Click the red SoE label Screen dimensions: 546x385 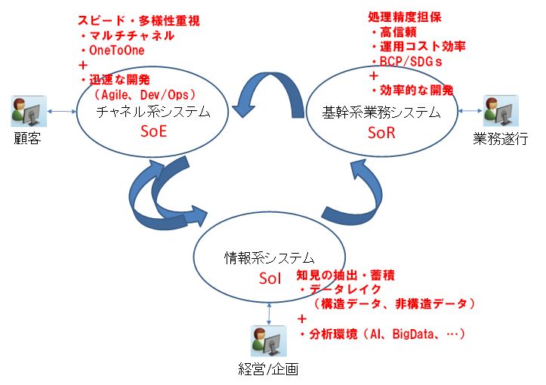point(153,131)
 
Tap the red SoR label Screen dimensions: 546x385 point(381,133)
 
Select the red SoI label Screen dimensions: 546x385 point(270,278)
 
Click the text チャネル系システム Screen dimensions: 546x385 point(153,112)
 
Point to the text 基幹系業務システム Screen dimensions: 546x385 point(381,112)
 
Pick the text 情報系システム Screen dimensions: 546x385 point(269,258)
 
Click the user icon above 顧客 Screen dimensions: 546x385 point(29,111)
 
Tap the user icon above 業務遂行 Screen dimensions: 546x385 point(501,111)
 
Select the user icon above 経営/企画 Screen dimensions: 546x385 point(269,341)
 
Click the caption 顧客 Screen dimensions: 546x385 point(27,138)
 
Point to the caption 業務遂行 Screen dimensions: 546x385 point(501,139)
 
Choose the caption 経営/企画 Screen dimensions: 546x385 point(269,369)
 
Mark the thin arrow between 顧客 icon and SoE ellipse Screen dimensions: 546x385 point(62,112)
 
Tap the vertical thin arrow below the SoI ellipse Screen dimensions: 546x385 point(269,314)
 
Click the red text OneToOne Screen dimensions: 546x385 point(116,50)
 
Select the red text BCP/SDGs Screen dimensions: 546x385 point(411,62)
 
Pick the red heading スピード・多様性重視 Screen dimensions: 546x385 point(139,20)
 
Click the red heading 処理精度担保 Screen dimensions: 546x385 point(405,17)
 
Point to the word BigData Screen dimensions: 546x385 point(413,334)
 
